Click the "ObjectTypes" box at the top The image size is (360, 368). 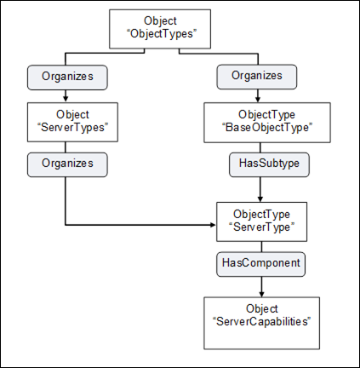pos(160,29)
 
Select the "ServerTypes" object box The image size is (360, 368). pos(72,122)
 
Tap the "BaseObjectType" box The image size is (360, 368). pos(267,123)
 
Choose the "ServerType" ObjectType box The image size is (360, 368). pos(261,221)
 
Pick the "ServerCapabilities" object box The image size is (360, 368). pos(261,323)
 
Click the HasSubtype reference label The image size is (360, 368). pos(269,164)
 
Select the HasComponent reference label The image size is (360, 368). pos(261,264)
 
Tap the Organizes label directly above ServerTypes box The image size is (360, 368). pos(67,78)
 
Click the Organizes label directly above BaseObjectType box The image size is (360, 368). pos(257,77)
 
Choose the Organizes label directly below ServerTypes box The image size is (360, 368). pos(67,164)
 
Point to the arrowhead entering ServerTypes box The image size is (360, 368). pos(66,99)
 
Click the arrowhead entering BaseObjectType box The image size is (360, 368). pos(258,99)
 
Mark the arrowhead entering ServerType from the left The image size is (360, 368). pos(213,225)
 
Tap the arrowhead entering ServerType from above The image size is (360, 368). pos(260,198)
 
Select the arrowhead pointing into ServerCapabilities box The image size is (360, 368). pos(261,294)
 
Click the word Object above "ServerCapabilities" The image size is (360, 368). pos(262,308)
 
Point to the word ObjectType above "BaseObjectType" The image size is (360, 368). pos(266,114)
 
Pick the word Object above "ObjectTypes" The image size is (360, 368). pos(160,20)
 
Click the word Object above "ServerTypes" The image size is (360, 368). pos(72,114)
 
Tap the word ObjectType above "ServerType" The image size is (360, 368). pos(261,214)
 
